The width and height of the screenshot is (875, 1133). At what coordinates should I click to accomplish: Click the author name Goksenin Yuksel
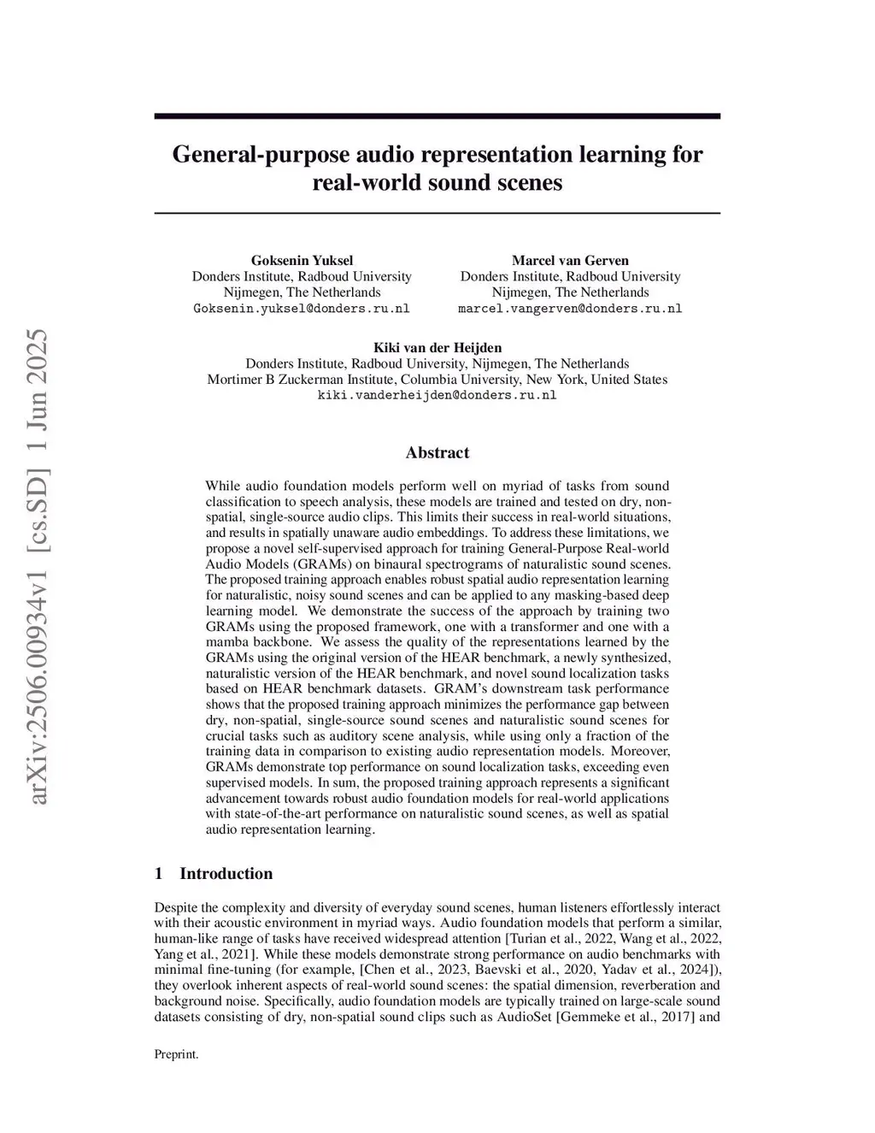click(302, 260)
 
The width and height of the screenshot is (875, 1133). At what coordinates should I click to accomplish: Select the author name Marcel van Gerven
click(570, 260)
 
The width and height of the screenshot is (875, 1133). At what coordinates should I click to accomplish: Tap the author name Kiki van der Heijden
click(437, 347)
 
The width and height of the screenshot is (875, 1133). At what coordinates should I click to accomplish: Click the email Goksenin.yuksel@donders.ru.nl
click(302, 309)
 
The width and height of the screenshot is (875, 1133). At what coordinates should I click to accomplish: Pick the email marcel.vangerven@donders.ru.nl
click(570, 309)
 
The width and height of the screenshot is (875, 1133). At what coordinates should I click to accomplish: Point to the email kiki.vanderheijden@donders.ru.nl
click(437, 395)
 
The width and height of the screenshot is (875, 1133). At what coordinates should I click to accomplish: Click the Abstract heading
click(437, 452)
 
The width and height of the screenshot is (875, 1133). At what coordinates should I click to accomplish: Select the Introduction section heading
click(226, 873)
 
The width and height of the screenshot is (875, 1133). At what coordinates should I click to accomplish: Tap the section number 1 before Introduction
click(158, 873)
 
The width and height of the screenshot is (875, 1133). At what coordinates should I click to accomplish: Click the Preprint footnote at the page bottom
click(176, 1054)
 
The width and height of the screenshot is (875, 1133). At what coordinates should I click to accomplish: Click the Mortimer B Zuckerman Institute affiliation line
click(437, 379)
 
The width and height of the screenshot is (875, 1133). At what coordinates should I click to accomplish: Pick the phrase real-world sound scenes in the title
click(437, 182)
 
